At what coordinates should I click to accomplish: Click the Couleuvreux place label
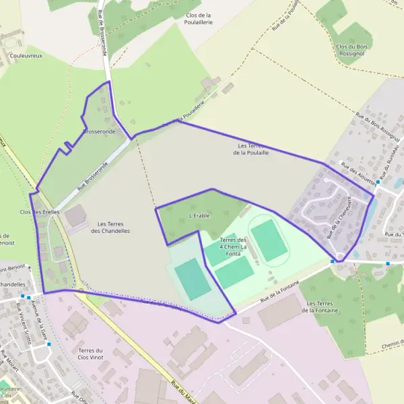coord(27,55)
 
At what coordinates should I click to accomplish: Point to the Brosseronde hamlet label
coord(98,131)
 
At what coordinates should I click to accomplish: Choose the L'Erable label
coord(200,216)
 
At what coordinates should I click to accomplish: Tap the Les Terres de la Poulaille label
coord(251,149)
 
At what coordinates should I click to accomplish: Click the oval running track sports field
coord(269,239)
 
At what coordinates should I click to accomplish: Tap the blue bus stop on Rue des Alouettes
coord(378,182)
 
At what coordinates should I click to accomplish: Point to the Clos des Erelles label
coord(40,212)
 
